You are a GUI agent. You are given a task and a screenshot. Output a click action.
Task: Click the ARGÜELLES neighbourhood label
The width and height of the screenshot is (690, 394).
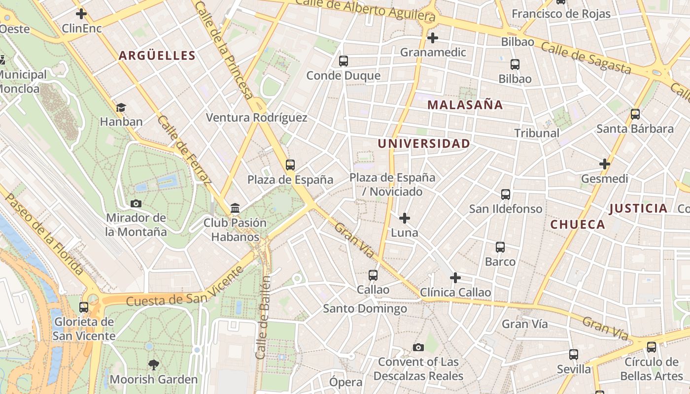(157, 55)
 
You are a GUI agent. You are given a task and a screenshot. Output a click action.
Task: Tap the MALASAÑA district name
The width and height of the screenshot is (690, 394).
(465, 104)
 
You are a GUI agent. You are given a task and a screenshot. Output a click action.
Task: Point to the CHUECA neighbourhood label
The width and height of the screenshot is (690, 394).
(577, 225)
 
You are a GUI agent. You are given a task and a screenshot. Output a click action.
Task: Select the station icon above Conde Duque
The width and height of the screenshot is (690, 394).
(344, 61)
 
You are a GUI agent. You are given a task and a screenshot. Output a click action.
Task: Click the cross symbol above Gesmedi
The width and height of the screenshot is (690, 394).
(605, 164)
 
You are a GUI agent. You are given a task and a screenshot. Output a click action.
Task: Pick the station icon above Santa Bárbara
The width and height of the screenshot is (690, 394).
(635, 114)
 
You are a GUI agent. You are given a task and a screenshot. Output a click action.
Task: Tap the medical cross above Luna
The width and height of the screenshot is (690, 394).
(405, 218)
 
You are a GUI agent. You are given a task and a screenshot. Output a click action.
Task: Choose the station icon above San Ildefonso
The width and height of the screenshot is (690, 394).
(506, 195)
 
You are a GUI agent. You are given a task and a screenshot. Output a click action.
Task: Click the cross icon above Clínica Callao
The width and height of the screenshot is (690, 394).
(455, 278)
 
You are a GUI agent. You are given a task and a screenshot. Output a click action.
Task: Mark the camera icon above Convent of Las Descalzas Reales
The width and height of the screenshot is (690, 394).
(418, 348)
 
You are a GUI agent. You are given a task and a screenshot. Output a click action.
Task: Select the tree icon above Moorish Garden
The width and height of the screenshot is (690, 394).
(154, 365)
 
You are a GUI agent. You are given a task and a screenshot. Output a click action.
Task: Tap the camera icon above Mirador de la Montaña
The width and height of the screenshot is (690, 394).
(136, 203)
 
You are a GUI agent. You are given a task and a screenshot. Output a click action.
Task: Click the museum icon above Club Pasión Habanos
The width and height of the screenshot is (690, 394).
(235, 208)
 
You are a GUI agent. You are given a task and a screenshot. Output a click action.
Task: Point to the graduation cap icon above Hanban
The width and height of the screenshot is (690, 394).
(121, 107)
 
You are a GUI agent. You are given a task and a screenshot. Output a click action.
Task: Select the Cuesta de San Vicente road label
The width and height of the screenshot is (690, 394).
(185, 287)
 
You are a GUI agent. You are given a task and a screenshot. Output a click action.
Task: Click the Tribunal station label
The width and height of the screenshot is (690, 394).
(537, 133)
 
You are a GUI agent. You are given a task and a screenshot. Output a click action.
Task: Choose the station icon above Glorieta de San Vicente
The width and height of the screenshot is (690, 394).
(84, 307)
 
